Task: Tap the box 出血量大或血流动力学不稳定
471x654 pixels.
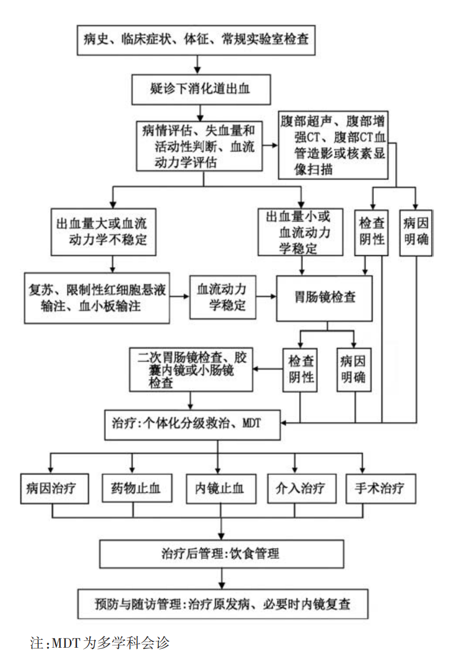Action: [103, 231]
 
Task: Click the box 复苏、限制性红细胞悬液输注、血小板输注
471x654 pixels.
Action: [97, 298]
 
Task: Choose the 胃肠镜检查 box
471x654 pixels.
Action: [325, 298]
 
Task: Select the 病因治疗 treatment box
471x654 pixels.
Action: [54, 489]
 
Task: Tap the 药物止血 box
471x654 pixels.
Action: [135, 489]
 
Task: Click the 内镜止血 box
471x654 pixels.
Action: [219, 489]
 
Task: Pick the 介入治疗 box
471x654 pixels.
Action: [300, 489]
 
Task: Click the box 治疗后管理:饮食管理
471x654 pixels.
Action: [222, 553]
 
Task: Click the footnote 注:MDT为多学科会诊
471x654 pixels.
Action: [100, 643]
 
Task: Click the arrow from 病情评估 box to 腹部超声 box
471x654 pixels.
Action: [271, 145]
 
